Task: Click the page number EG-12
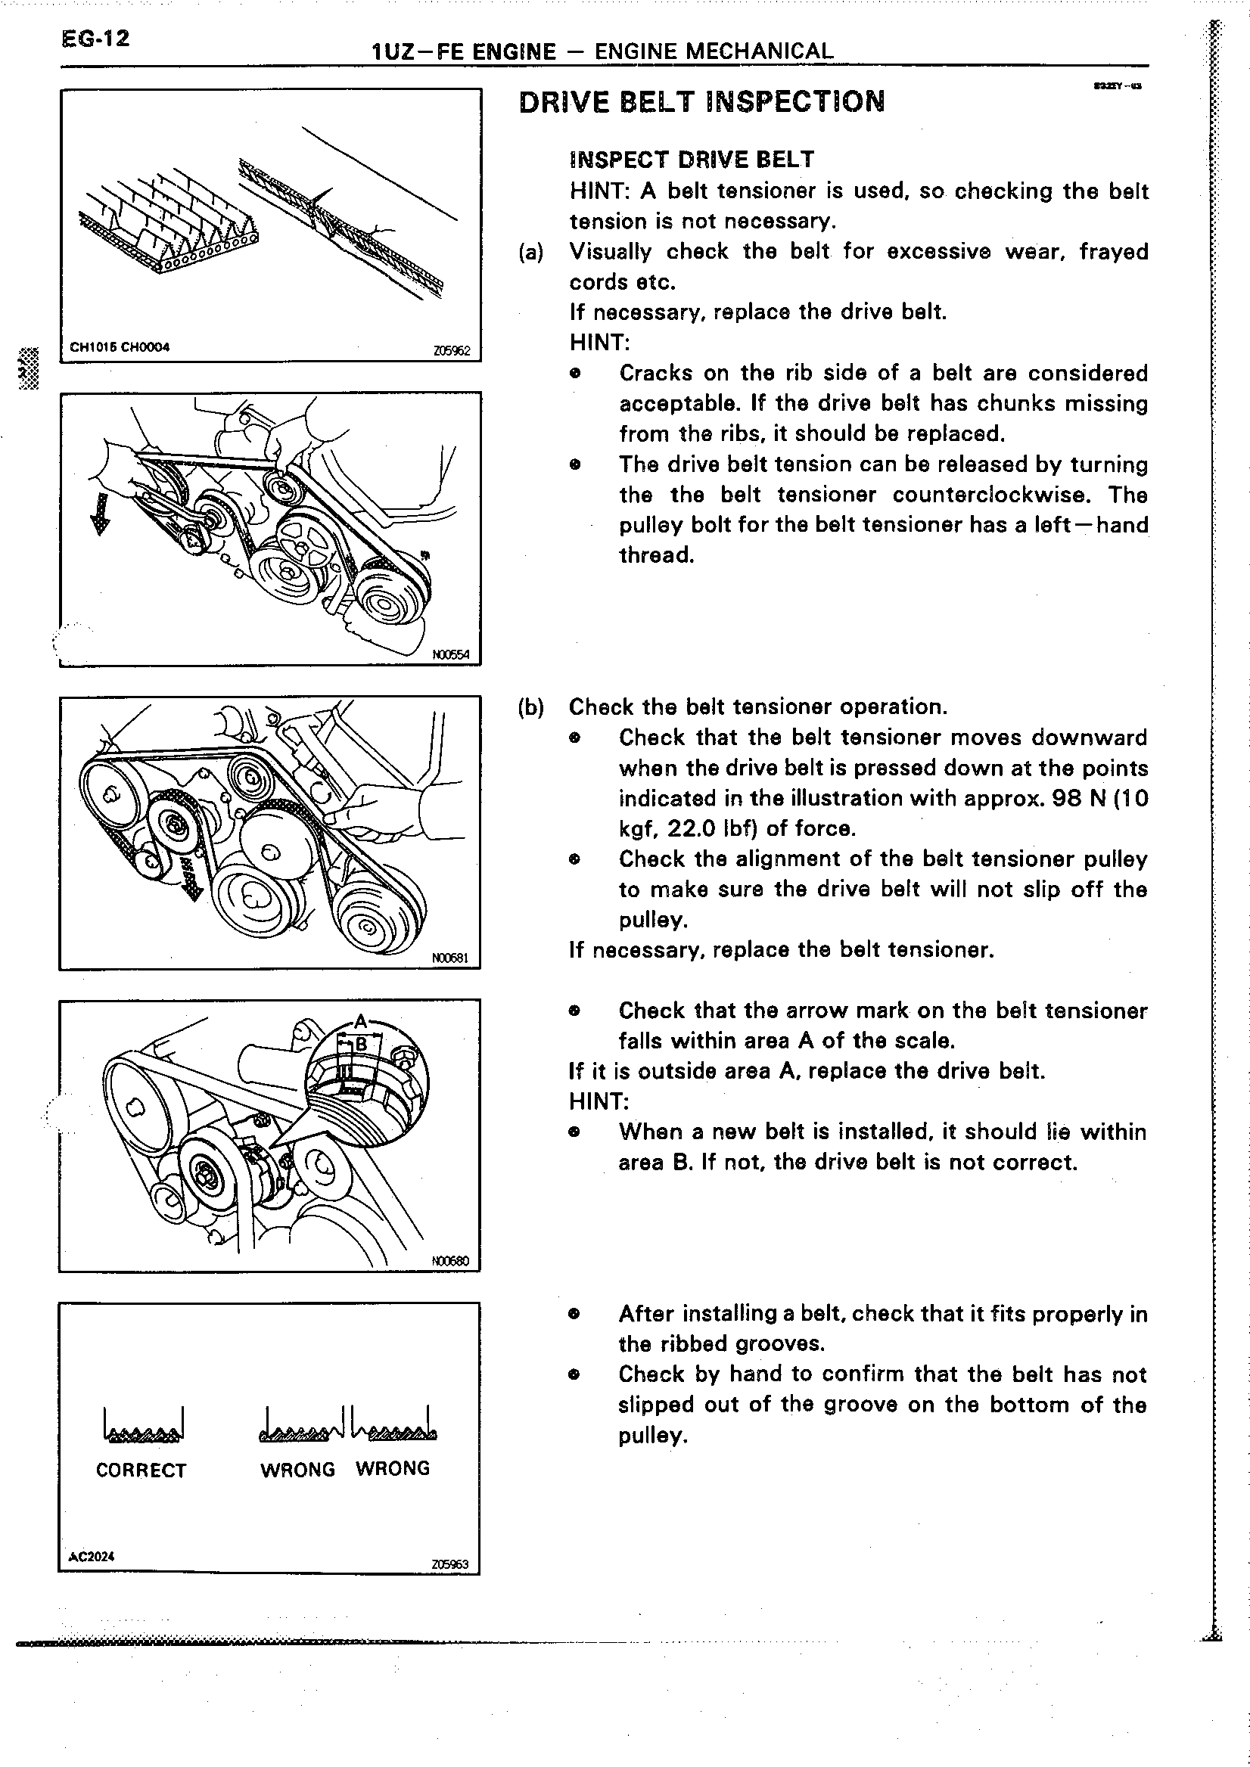pos(95,39)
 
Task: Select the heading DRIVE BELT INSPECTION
pos(701,102)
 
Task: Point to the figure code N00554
pos(451,655)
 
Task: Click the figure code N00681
pos(450,958)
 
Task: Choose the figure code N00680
pos(450,1262)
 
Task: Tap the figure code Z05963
pos(450,1564)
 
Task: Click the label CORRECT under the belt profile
pos(141,1470)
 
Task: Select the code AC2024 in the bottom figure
pos(92,1555)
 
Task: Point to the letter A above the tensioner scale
pos(360,1023)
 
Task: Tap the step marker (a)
pos(531,253)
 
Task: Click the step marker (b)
pos(531,707)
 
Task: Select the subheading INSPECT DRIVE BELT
pos(691,160)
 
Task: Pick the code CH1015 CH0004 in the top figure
pos(120,347)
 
